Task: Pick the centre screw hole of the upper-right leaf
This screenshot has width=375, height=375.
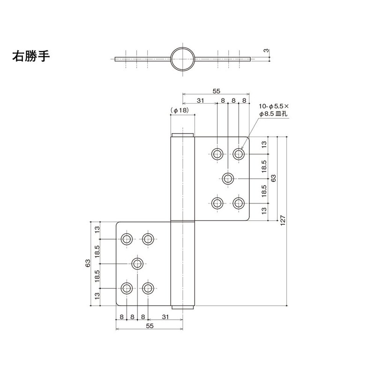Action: pos(228,178)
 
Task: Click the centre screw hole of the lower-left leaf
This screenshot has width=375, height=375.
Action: pos(137,263)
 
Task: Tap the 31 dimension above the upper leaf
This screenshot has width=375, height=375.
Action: pos(200,100)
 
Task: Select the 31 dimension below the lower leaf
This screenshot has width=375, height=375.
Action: pos(165,317)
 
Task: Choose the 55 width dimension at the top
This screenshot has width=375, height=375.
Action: pos(216,92)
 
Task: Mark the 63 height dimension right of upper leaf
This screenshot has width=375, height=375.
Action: pos(274,178)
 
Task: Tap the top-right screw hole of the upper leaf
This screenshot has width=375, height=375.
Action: pos(239,153)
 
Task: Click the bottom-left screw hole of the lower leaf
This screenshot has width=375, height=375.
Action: pos(126,288)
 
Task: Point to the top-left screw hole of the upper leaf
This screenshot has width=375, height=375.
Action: pos(217,153)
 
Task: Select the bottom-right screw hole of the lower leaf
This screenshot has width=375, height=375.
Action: pos(149,288)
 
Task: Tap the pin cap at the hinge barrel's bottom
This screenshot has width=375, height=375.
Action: pos(182,307)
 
